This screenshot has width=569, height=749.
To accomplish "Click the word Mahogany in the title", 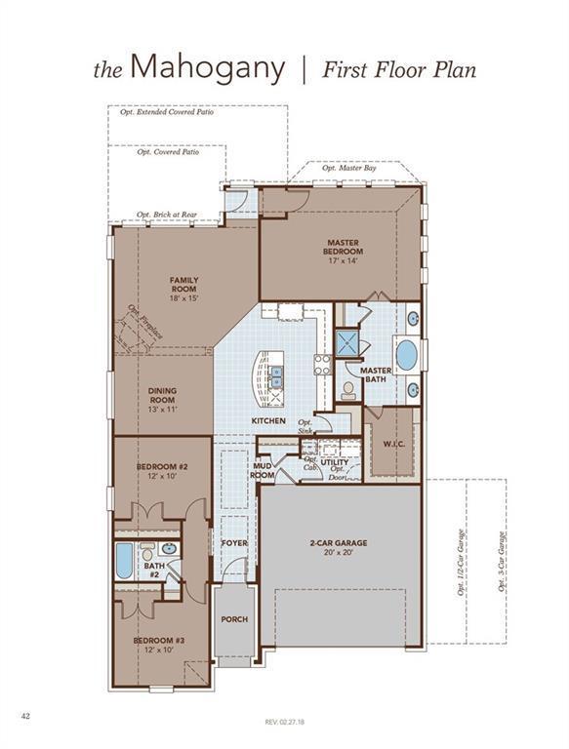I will pyautogui.click(x=207, y=68).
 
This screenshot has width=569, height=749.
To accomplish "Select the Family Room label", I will pyautogui.click(x=184, y=285).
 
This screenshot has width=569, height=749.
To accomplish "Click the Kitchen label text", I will pyautogui.click(x=268, y=420).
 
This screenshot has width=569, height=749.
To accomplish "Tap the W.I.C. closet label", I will pyautogui.click(x=394, y=445).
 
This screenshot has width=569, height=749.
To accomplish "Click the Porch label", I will pyautogui.click(x=234, y=619).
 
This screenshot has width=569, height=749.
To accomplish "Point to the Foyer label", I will pyautogui.click(x=234, y=542).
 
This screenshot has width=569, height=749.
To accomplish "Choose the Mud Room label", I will pyautogui.click(x=263, y=471).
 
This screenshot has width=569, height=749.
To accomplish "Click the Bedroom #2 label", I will pyautogui.click(x=162, y=472).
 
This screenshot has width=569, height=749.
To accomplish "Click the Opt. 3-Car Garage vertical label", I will pyautogui.click(x=501, y=563).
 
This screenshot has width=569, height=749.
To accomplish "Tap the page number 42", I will pyautogui.click(x=26, y=716).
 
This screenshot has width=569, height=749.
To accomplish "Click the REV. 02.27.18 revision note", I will pyautogui.click(x=285, y=722).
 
